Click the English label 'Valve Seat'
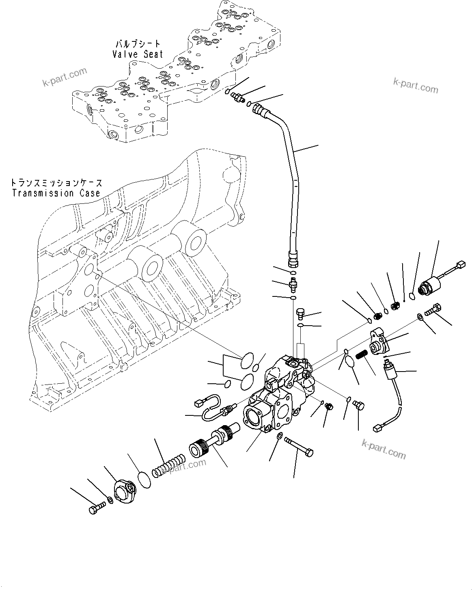coord(138,54)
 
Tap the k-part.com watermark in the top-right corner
coord(416,85)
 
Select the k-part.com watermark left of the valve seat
coord(65,78)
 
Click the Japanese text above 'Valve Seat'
coord(138,43)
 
